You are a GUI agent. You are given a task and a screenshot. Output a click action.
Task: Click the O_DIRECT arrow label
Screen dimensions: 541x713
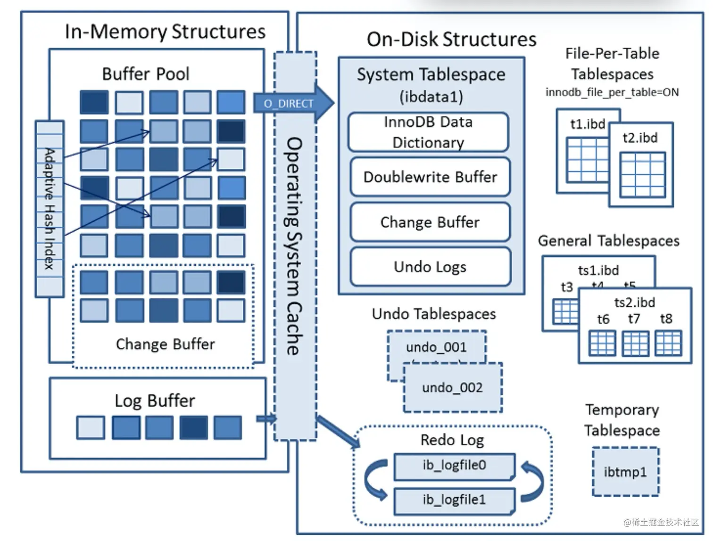pyautogui.click(x=288, y=104)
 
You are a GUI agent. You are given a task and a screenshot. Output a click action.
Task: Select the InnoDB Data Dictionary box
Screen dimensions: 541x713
pyautogui.click(x=428, y=132)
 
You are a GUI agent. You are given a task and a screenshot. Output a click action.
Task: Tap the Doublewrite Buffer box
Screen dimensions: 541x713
pyautogui.click(x=430, y=177)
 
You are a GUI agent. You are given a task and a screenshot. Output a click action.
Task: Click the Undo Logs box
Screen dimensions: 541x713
pyautogui.click(x=430, y=267)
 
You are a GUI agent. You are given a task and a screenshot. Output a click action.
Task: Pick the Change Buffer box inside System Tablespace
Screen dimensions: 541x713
pyautogui.click(x=430, y=222)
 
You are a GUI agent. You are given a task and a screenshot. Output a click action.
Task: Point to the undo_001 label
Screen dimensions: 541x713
pyautogui.click(x=436, y=347)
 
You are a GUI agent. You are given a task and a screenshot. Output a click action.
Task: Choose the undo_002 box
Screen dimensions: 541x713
pyautogui.click(x=453, y=388)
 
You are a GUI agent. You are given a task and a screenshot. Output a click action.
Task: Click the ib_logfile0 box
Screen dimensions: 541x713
pyautogui.click(x=454, y=466)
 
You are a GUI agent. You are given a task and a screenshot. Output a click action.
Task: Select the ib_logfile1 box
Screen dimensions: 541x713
pyautogui.click(x=454, y=500)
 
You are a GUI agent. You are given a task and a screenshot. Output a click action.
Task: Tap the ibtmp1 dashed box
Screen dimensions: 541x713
pyautogui.click(x=625, y=472)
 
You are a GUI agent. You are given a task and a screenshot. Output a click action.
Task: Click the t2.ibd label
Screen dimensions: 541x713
pyautogui.click(x=640, y=138)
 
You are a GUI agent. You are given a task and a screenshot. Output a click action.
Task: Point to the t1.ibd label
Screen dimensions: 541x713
pyautogui.click(x=588, y=124)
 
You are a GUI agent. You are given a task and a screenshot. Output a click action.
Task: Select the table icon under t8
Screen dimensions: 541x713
pyautogui.click(x=668, y=343)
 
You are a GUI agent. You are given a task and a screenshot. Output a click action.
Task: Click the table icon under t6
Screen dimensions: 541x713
pyautogui.click(x=603, y=343)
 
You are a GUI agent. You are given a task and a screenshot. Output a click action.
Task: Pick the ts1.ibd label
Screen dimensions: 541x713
pyautogui.click(x=598, y=270)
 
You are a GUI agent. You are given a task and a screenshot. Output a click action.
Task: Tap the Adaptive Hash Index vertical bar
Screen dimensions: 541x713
pyautogui.click(x=50, y=209)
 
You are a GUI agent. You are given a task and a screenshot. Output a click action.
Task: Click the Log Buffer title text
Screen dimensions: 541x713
pyautogui.click(x=155, y=401)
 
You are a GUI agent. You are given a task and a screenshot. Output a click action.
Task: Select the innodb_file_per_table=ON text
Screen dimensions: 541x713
pyautogui.click(x=612, y=92)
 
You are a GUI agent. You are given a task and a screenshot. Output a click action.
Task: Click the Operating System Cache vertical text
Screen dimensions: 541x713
pyautogui.click(x=295, y=246)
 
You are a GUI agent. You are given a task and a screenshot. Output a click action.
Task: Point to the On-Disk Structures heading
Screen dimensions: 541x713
pyautogui.click(x=451, y=40)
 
